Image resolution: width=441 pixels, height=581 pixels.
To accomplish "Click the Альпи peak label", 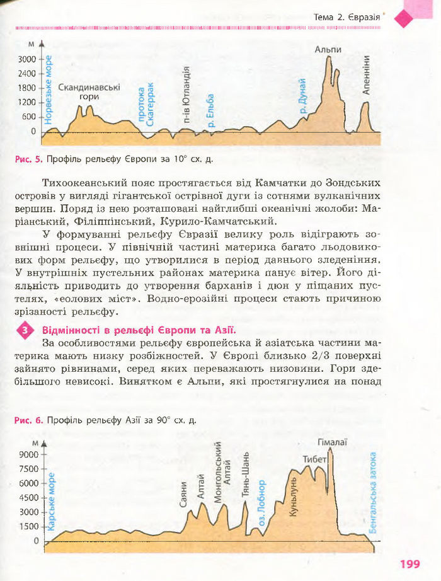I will click(328, 49).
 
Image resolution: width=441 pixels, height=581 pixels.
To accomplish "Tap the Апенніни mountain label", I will click(367, 74).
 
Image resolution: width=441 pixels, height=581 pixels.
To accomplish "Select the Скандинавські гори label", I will click(89, 93).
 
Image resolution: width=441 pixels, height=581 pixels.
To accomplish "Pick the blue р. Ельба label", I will click(211, 112).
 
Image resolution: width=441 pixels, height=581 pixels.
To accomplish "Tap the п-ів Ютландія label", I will click(187, 98).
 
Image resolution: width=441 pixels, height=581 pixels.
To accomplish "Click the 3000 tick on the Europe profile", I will click(28, 59).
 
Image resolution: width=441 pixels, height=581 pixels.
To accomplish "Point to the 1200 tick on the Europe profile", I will click(28, 103).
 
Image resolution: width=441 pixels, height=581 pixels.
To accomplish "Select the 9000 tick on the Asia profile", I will click(28, 454).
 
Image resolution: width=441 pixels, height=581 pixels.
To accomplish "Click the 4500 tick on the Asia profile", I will click(28, 498).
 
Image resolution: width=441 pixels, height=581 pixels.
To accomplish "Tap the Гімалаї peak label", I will click(333, 443).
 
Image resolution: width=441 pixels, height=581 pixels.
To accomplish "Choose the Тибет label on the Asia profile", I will click(314, 459).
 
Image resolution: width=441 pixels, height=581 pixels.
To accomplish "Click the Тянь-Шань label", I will click(245, 476).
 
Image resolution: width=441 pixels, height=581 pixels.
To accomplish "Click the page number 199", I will click(409, 564).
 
